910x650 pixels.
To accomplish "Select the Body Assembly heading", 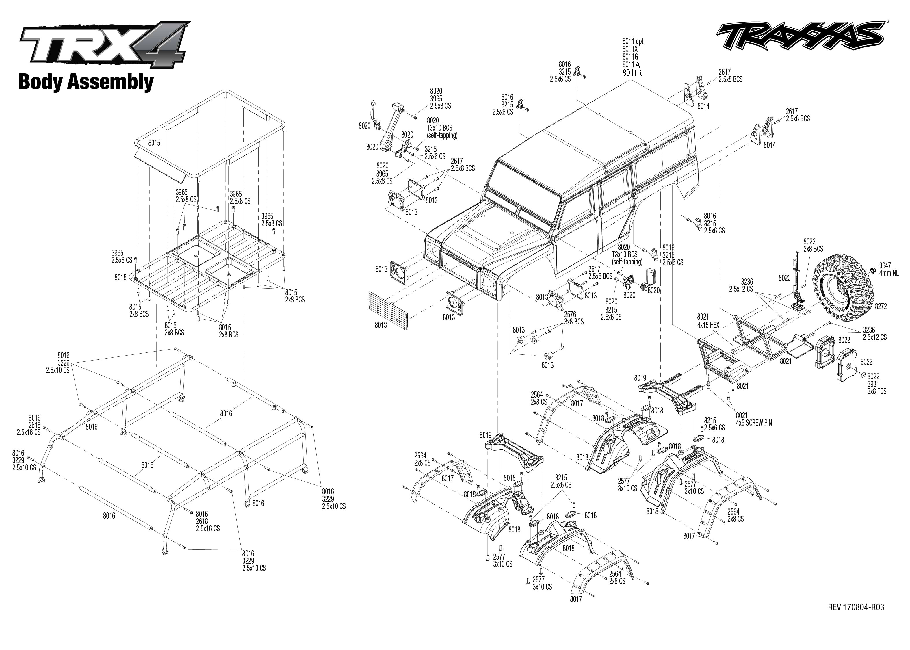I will click(86, 82).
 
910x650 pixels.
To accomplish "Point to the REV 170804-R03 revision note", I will click(856, 607).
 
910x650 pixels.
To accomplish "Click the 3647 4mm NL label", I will click(889, 269).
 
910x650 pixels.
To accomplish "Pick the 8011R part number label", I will click(632, 73).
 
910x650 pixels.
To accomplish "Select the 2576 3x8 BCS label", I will click(573, 318).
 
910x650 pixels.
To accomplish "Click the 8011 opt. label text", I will click(633, 41).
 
